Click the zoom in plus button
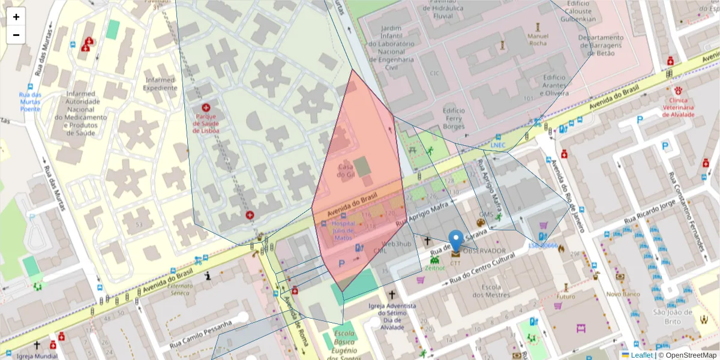(x=16, y=17)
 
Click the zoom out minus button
(x=16, y=35)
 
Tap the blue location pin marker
(x=456, y=241)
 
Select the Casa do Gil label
(x=346, y=170)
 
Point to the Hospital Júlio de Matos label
(x=343, y=230)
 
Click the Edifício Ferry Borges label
(x=454, y=118)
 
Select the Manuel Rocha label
(x=538, y=39)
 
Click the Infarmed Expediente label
(x=160, y=84)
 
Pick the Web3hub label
(x=396, y=244)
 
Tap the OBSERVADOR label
(x=485, y=251)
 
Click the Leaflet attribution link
(x=641, y=355)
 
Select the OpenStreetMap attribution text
(x=687, y=355)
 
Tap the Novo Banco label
(x=623, y=294)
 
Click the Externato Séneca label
(x=181, y=289)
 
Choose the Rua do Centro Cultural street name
(x=482, y=266)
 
